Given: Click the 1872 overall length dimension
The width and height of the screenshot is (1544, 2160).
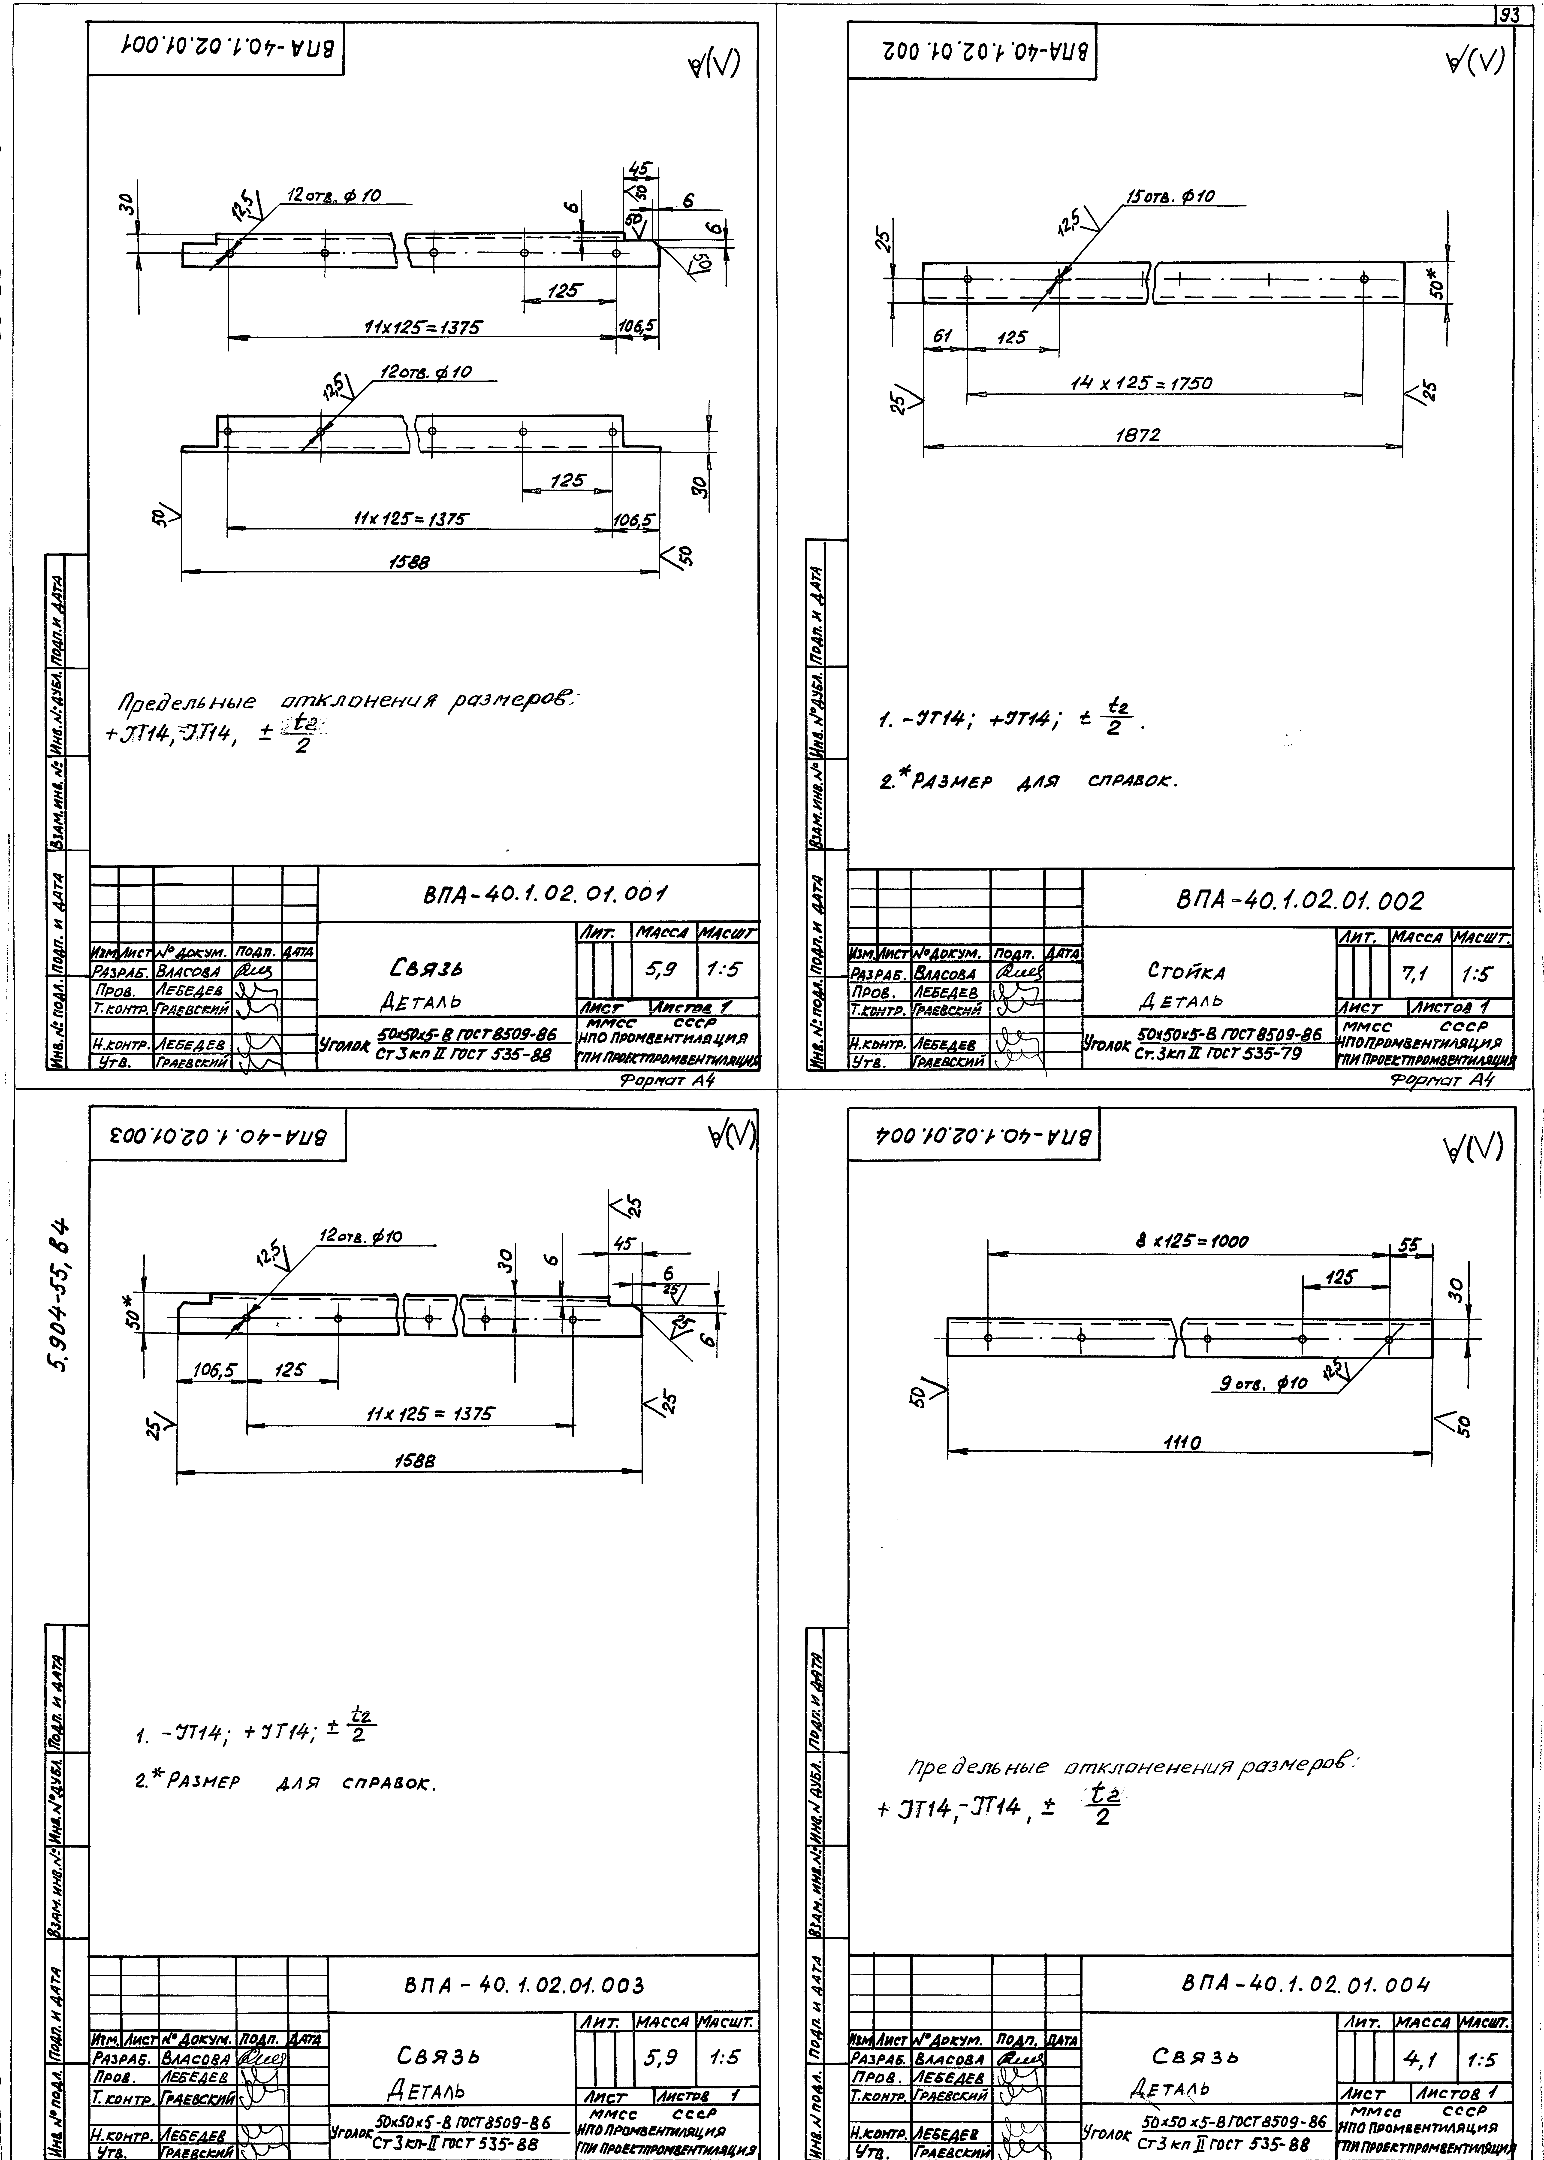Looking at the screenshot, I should click(1138, 436).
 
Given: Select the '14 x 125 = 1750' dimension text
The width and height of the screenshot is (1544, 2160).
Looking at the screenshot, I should click(1140, 384).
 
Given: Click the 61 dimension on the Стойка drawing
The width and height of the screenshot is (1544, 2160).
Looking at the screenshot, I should click(942, 336).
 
